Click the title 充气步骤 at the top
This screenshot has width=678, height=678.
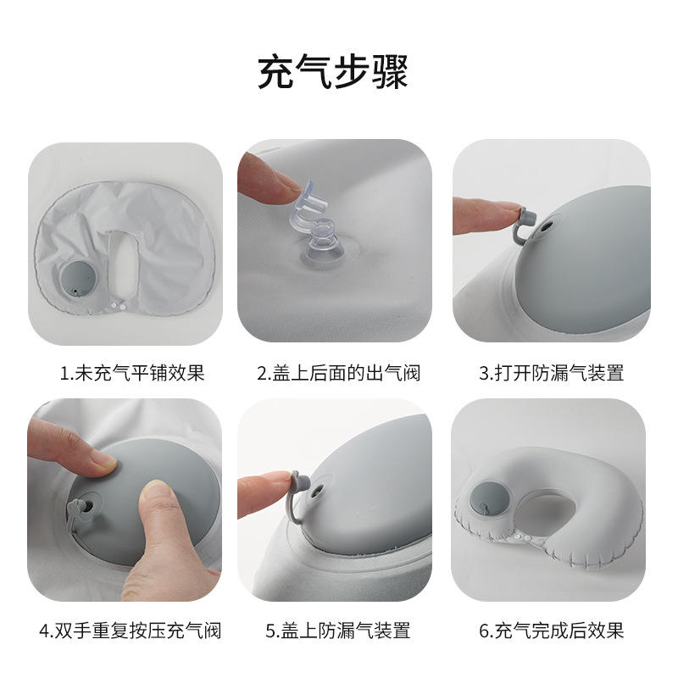(x=332, y=71)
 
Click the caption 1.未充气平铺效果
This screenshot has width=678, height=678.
(x=132, y=373)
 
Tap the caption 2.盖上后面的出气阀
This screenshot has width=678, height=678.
(x=338, y=373)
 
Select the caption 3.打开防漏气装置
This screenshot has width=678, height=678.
(x=552, y=373)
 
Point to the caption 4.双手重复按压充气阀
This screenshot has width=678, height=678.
(x=131, y=631)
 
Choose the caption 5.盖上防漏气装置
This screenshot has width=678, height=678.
(x=337, y=631)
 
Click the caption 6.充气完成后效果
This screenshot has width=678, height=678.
(x=552, y=631)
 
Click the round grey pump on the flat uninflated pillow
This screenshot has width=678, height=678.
(x=78, y=279)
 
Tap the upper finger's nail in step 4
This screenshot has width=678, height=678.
(x=103, y=462)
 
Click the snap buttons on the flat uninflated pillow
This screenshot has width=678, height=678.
(x=118, y=306)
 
